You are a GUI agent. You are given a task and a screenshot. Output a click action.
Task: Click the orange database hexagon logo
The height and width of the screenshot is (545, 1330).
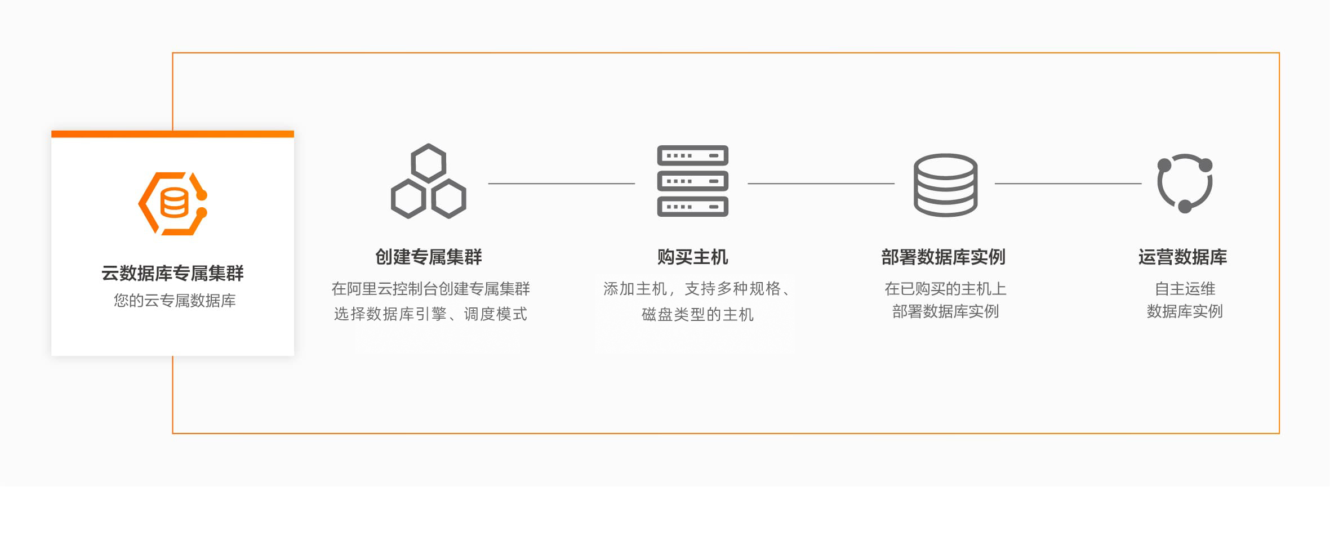pyautogui.click(x=173, y=203)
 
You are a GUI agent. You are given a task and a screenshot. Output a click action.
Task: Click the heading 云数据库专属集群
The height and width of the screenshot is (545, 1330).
pyautogui.click(x=172, y=273)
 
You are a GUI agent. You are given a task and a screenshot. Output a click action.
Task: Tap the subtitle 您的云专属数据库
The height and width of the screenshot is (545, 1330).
pyautogui.click(x=175, y=301)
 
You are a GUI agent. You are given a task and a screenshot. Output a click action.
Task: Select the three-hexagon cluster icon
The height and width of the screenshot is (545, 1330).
pyautogui.click(x=428, y=182)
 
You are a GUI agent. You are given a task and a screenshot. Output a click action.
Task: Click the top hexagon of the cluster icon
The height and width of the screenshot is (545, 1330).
pyautogui.click(x=428, y=163)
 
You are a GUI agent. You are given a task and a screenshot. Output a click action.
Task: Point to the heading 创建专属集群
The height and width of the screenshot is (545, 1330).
pyautogui.click(x=428, y=257)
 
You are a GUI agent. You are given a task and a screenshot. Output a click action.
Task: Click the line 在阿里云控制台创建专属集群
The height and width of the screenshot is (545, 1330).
pyautogui.click(x=430, y=289)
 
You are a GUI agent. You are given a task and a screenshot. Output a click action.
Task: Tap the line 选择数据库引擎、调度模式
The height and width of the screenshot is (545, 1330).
pyautogui.click(x=430, y=314)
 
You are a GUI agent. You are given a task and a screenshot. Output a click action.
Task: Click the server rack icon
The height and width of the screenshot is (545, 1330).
pyautogui.click(x=692, y=181)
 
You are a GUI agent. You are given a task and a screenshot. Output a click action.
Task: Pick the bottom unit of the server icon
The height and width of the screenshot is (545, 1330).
pyautogui.click(x=692, y=207)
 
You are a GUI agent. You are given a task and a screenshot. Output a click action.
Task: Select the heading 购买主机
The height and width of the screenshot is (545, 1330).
pyautogui.click(x=692, y=257)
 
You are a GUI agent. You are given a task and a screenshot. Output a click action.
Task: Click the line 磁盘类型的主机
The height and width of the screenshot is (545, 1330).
pyautogui.click(x=697, y=314)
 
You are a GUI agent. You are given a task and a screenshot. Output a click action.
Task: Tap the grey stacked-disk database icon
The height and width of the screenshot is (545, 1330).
pyautogui.click(x=945, y=185)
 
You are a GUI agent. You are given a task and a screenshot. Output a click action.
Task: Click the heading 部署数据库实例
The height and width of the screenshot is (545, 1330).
pyautogui.click(x=943, y=257)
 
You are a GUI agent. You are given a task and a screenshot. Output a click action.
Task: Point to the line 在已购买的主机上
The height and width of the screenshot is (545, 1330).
pyautogui.click(x=945, y=289)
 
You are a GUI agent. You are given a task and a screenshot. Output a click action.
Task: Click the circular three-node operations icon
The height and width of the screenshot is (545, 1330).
pyautogui.click(x=1184, y=183)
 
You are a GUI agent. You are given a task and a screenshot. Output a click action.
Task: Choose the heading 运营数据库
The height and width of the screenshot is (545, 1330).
pyautogui.click(x=1182, y=257)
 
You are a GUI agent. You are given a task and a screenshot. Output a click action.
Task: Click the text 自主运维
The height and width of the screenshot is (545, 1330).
pyautogui.click(x=1185, y=289)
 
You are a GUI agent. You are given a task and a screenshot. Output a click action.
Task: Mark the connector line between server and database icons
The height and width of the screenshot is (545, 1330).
pyautogui.click(x=821, y=184)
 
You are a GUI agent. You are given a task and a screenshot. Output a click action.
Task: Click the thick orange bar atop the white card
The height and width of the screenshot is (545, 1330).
pyautogui.click(x=172, y=134)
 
